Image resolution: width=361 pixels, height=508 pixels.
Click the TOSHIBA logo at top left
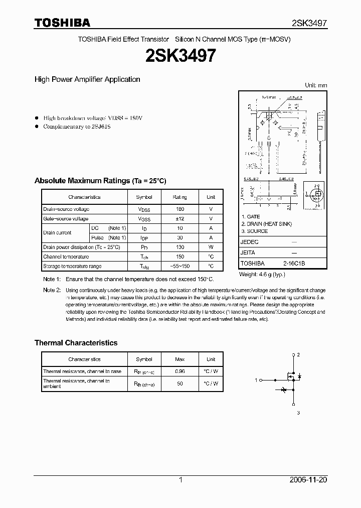click(62, 23)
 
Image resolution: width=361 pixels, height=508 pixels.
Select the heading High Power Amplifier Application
click(87, 79)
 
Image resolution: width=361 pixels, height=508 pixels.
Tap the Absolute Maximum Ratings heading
click(100, 181)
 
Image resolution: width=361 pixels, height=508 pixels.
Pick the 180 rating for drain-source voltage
click(179, 209)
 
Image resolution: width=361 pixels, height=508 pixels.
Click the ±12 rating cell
click(179, 219)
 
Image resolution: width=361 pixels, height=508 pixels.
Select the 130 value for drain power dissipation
click(179, 247)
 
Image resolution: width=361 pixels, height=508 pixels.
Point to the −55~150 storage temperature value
click(179, 267)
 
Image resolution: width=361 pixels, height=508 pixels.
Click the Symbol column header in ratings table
click(144, 197)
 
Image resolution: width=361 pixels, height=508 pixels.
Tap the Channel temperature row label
click(66, 257)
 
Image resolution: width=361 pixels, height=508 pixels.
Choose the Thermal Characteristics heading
click(76, 343)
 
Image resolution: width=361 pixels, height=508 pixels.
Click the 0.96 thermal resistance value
click(179, 371)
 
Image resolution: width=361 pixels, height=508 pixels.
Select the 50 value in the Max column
click(179, 384)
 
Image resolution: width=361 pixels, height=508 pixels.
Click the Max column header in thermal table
click(179, 359)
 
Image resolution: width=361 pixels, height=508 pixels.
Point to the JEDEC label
click(250, 242)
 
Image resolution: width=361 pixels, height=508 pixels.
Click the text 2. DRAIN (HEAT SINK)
click(266, 224)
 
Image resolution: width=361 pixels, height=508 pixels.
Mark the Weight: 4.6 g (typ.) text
click(263, 274)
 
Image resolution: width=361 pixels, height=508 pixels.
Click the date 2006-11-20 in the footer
click(308, 480)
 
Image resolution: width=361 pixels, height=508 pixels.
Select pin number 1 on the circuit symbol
click(256, 379)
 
